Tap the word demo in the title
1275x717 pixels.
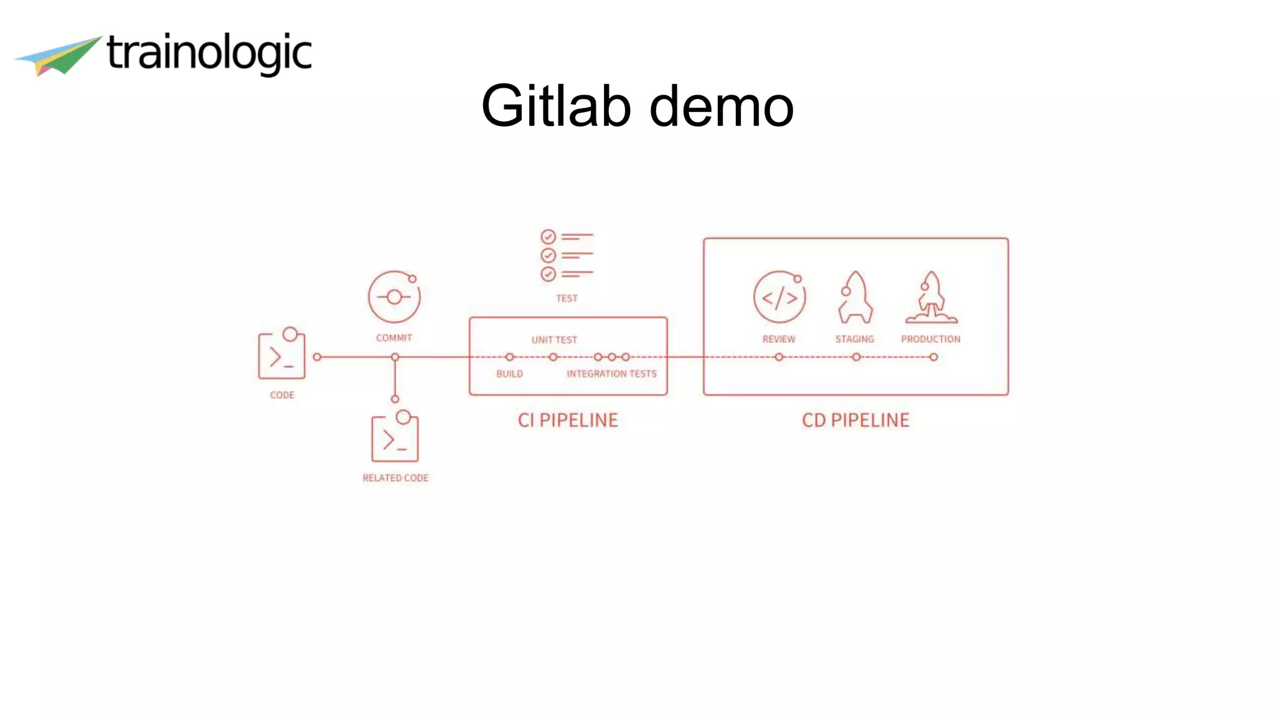(x=722, y=107)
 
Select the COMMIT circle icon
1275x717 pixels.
(x=394, y=297)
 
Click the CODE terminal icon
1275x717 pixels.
(x=282, y=355)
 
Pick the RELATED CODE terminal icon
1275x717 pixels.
(x=395, y=438)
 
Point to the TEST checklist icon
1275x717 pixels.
(x=567, y=255)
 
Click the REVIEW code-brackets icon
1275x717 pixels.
(x=779, y=298)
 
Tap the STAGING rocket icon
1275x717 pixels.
(x=855, y=298)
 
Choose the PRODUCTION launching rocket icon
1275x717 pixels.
(x=931, y=298)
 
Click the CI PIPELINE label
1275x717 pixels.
(x=568, y=420)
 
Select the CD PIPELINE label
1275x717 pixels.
(x=855, y=420)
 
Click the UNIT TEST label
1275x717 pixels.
(x=554, y=340)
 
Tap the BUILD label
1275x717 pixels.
(x=509, y=373)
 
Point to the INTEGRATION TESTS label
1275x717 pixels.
(x=611, y=373)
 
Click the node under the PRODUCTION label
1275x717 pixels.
(x=933, y=357)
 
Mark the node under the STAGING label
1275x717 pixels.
(x=857, y=357)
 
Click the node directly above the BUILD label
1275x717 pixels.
(x=510, y=357)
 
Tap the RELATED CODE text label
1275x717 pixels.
(x=395, y=478)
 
